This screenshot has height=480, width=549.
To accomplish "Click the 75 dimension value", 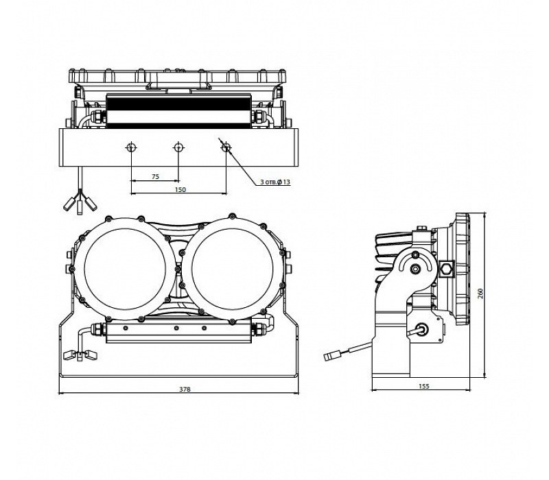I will click(155, 177).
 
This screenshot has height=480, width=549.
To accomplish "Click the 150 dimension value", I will click(180, 189).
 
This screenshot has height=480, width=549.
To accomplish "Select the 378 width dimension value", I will click(185, 389).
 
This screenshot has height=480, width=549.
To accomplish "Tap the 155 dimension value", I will click(423, 387).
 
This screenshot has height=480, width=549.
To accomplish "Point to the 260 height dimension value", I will click(481, 293).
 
